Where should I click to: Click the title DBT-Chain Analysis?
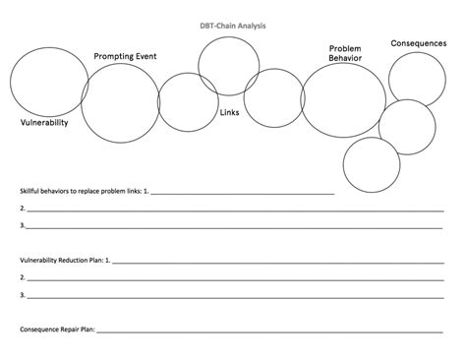(232, 27)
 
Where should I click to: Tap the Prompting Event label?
(125, 57)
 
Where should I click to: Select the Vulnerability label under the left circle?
(44, 123)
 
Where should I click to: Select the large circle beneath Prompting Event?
(120, 102)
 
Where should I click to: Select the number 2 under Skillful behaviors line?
(22, 209)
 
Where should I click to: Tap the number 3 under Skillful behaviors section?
(22, 226)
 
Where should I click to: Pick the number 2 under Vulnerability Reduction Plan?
(22, 277)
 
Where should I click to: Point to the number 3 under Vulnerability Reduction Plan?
(22, 295)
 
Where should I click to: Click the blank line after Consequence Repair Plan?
(275, 331)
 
